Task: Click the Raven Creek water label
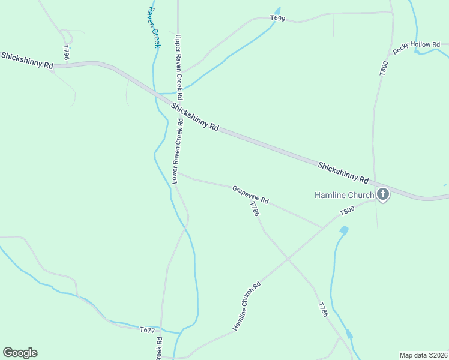click(154, 28)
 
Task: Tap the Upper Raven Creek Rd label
click(178, 67)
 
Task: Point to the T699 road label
click(277, 19)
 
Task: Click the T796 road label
click(66, 52)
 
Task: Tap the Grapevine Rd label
click(250, 193)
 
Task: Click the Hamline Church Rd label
click(247, 307)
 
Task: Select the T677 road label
click(148, 330)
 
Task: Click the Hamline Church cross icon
click(383, 194)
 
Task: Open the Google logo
click(20, 353)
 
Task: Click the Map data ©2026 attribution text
click(424, 355)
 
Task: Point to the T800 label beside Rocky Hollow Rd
click(384, 68)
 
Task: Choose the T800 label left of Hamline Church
click(347, 211)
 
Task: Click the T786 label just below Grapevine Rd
click(255, 209)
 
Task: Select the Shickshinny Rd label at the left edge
click(27, 60)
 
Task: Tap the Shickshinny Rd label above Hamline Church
click(343, 172)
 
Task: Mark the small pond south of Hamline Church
click(344, 230)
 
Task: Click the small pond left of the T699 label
click(277, 11)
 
